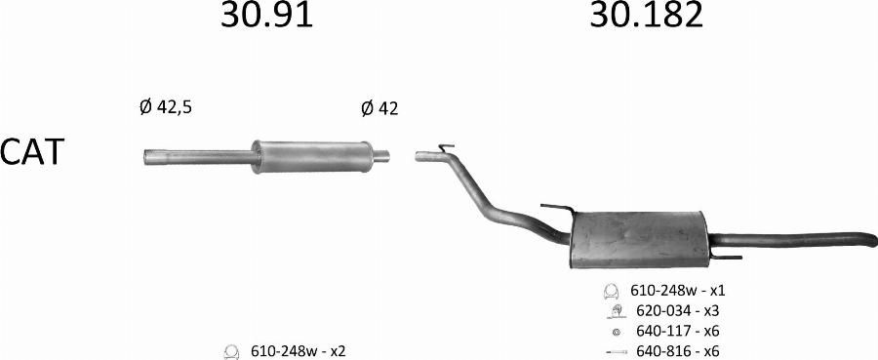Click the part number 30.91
[266, 15]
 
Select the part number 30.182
[646, 15]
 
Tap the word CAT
[32, 152]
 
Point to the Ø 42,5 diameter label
[166, 107]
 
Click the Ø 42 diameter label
[380, 108]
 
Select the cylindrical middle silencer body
[312, 157]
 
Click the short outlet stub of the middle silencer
[381, 156]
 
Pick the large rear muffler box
[639, 240]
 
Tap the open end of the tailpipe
[873, 239]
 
